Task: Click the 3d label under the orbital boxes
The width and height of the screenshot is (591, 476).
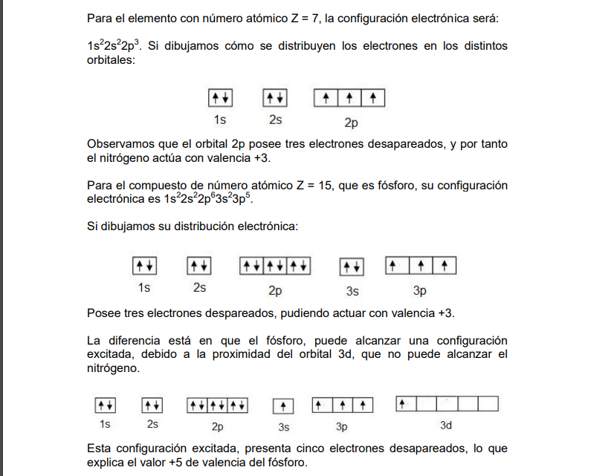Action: (x=446, y=426)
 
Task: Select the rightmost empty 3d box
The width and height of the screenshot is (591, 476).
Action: (x=487, y=405)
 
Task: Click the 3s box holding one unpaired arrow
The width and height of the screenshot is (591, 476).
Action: (x=283, y=406)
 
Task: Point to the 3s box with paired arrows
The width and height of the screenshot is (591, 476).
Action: (x=352, y=267)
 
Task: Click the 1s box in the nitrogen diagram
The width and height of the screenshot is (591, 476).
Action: (x=220, y=98)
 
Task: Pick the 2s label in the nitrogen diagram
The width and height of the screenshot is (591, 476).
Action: (x=275, y=119)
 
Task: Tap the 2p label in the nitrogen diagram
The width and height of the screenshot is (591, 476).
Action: (x=350, y=120)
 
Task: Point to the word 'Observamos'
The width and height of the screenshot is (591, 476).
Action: (x=119, y=144)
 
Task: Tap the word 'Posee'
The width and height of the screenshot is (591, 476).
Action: (x=102, y=313)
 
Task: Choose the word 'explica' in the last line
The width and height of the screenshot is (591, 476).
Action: (x=106, y=463)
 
